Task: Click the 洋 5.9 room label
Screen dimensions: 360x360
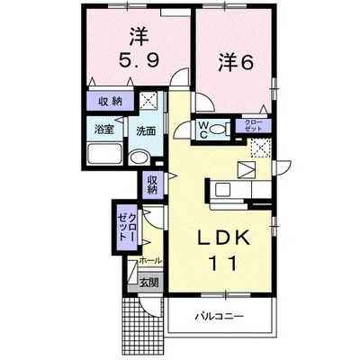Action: coord(139,49)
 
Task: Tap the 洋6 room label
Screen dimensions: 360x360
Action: coord(236,62)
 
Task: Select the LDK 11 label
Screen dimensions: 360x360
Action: coord(224,250)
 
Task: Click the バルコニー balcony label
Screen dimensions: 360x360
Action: coord(220,316)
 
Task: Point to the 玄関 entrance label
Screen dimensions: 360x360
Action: coord(149,283)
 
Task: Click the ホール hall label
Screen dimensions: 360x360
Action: coord(150,261)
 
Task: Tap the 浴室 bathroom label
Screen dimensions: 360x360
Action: coord(104,130)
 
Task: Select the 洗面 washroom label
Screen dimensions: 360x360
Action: coord(146,131)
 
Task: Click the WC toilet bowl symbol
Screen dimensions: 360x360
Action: coord(218,130)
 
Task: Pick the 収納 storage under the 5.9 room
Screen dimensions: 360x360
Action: coord(111,101)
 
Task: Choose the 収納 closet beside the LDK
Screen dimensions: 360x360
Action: coord(152,184)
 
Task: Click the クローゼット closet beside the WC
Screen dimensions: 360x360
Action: coord(254,125)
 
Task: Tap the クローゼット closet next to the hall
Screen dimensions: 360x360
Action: coord(127,228)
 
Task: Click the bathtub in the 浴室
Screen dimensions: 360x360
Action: coord(105,153)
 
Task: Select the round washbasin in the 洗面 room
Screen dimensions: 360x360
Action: coord(139,157)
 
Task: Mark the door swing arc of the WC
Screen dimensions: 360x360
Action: coord(182,128)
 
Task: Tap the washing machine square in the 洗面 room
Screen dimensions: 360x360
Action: coord(148,100)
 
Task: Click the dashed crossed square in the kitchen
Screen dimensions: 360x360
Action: coord(261,148)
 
